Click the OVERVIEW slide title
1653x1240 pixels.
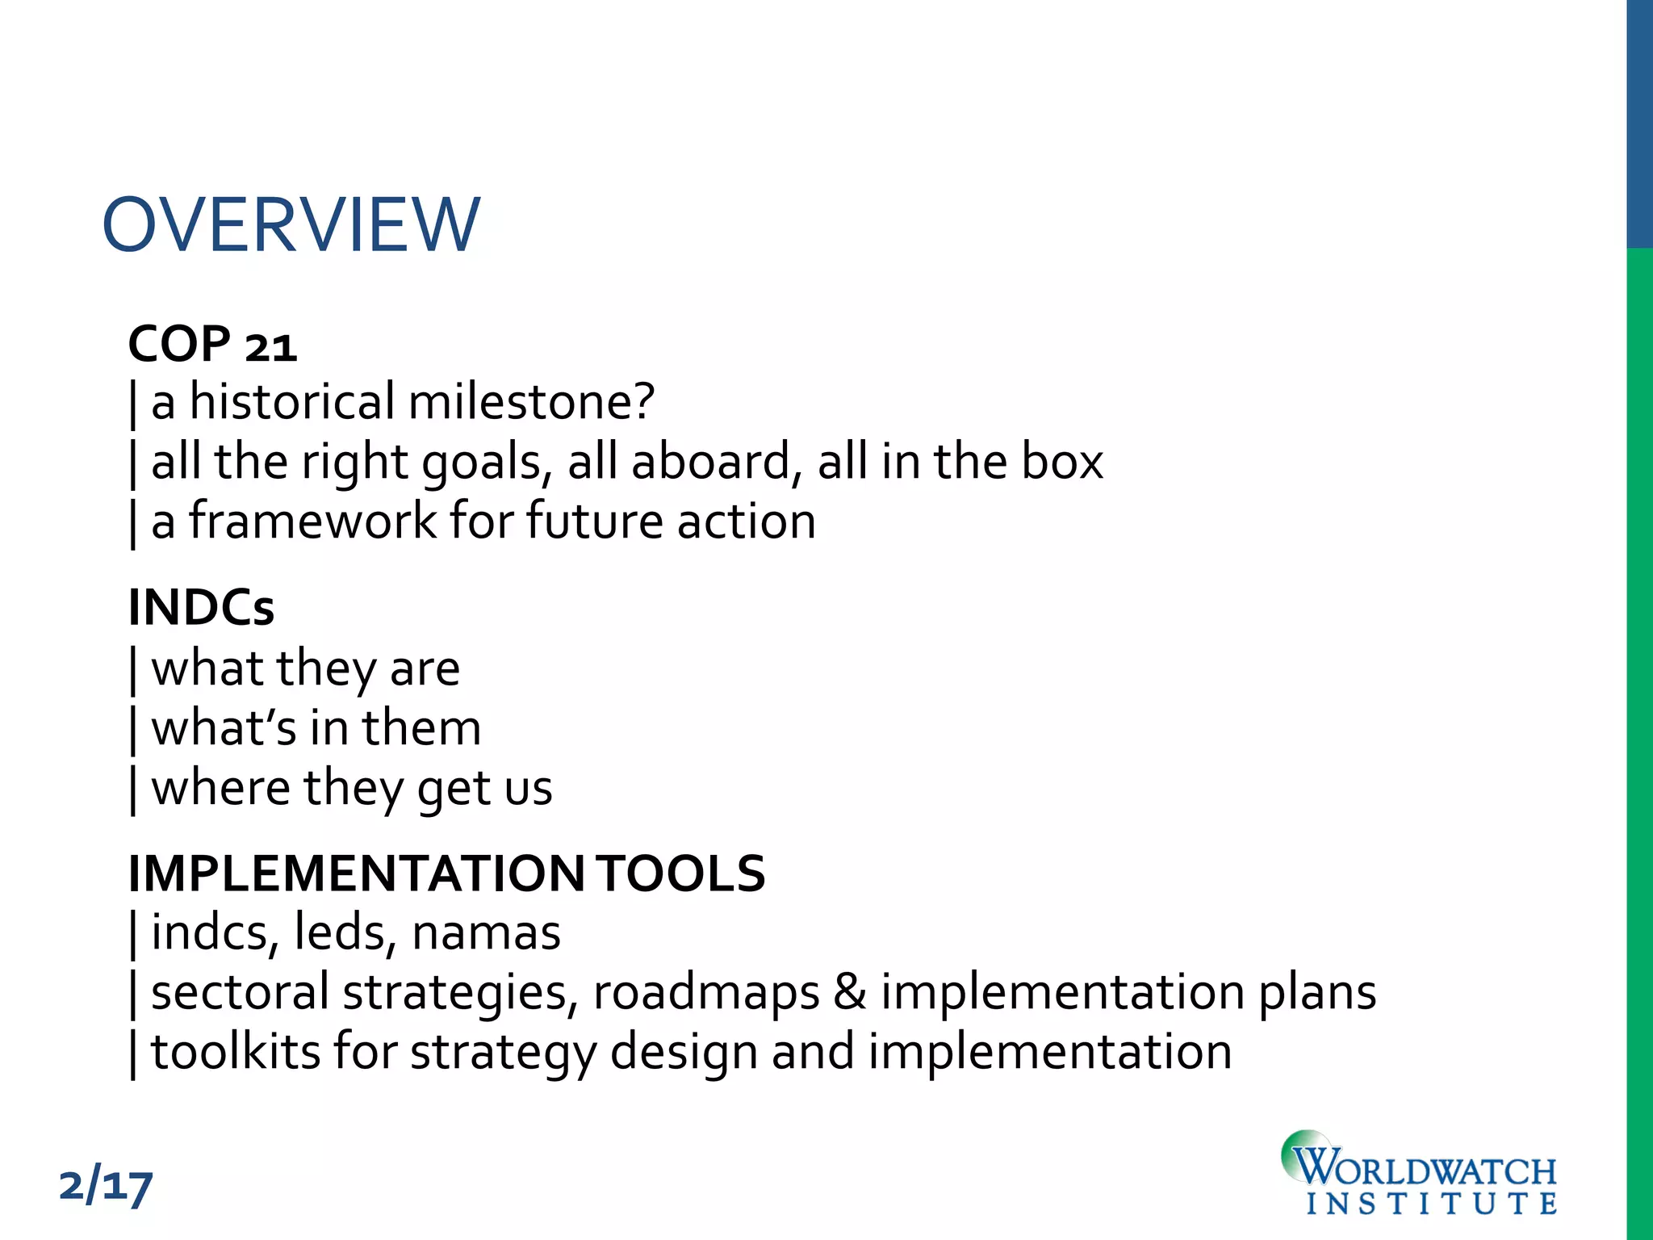pyautogui.click(x=291, y=225)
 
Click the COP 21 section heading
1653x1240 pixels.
pyautogui.click(x=212, y=345)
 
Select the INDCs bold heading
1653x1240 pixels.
pyautogui.click(x=201, y=608)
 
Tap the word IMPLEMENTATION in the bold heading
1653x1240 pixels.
pyautogui.click(x=356, y=873)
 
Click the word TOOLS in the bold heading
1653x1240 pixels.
pyautogui.click(x=681, y=873)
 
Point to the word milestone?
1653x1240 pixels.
pyautogui.click(x=531, y=402)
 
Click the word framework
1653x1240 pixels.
pyautogui.click(x=313, y=521)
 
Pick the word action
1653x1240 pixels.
pyautogui.click(x=746, y=522)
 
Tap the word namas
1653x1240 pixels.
pyautogui.click(x=486, y=934)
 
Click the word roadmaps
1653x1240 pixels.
pyautogui.click(x=706, y=994)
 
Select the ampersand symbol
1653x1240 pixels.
pyautogui.click(x=849, y=992)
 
